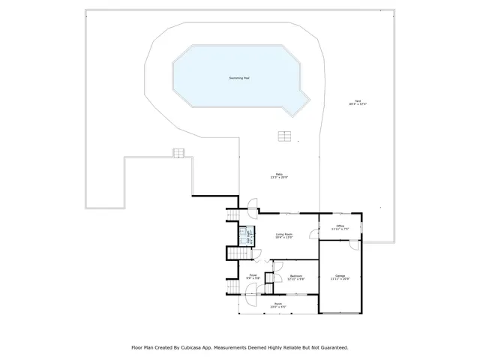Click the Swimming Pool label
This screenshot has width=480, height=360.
point(240,78)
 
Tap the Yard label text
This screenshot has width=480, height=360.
point(357,102)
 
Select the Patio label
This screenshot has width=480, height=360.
point(278,175)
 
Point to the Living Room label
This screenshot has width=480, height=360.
point(283,235)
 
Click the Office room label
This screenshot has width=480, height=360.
point(340,226)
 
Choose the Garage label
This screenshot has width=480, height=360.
point(340,275)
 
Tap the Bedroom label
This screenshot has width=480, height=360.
point(296,276)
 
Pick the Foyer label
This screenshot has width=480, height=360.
point(253,275)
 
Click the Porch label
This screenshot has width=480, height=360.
point(278,304)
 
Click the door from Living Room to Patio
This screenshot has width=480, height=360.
point(253,203)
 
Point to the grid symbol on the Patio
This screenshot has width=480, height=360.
point(283,136)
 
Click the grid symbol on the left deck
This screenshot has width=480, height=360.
point(178,153)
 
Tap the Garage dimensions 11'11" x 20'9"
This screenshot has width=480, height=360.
point(340,279)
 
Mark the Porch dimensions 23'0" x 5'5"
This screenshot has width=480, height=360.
point(278,307)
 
